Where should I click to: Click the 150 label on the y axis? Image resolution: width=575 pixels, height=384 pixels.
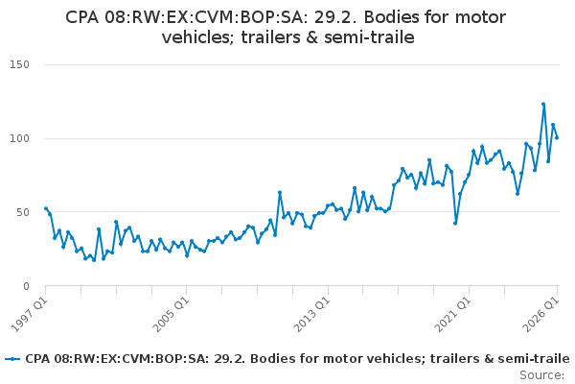[x=20, y=64]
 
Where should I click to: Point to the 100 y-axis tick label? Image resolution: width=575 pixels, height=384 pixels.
[x=20, y=138]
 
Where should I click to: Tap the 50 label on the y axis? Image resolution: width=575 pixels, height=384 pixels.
[x=23, y=212]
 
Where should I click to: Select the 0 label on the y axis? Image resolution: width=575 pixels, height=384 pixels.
[x=26, y=286]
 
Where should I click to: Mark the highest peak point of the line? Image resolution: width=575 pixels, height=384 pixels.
[x=543, y=105]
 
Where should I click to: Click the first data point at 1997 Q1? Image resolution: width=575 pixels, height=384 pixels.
[x=46, y=208]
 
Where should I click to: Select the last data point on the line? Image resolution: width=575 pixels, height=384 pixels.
[x=557, y=138]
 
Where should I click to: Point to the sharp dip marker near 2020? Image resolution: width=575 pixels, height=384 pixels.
[x=455, y=223]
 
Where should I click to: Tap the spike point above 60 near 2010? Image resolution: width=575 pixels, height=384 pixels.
[x=280, y=192]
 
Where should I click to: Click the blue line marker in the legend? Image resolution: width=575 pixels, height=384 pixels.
[x=13, y=359]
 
